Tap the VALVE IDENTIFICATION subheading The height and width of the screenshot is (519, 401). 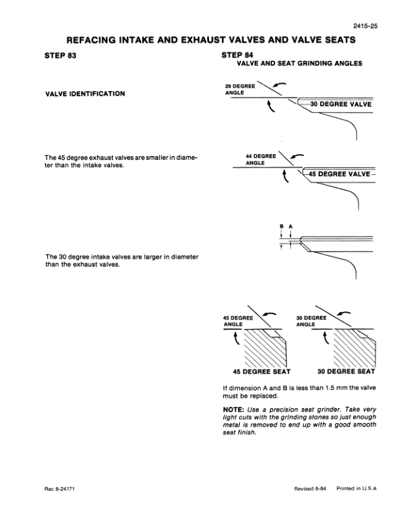point(85,94)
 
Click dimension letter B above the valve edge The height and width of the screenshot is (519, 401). point(281,227)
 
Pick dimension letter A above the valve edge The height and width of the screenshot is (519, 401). point(290,227)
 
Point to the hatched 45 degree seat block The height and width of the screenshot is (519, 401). point(262,347)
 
